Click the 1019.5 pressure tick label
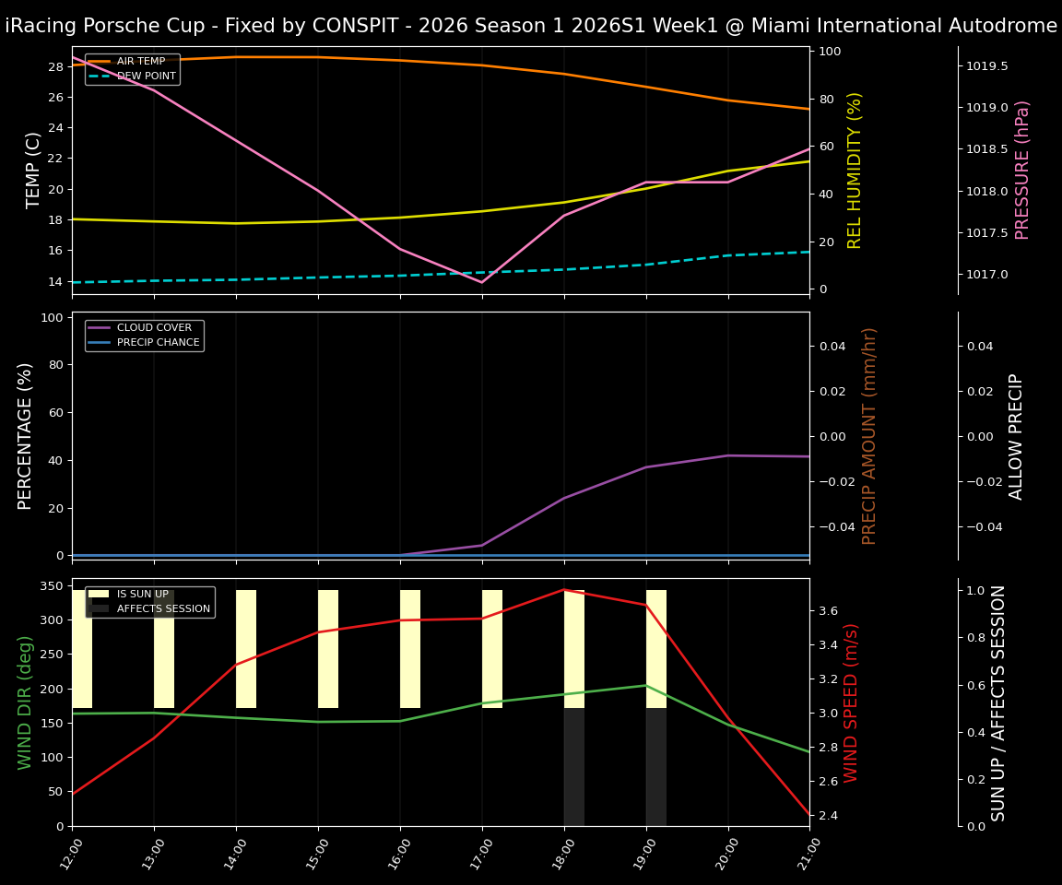point(986,66)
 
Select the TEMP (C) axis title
point(33,171)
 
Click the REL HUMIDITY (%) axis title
point(855,171)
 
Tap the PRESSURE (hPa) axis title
point(1022,171)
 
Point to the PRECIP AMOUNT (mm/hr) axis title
point(869,435)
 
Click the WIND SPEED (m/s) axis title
point(851,702)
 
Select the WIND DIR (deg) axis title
point(25,702)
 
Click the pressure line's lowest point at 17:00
point(481,282)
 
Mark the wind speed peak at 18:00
point(563,590)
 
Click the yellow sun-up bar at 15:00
point(328,649)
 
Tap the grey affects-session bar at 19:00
point(656,767)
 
